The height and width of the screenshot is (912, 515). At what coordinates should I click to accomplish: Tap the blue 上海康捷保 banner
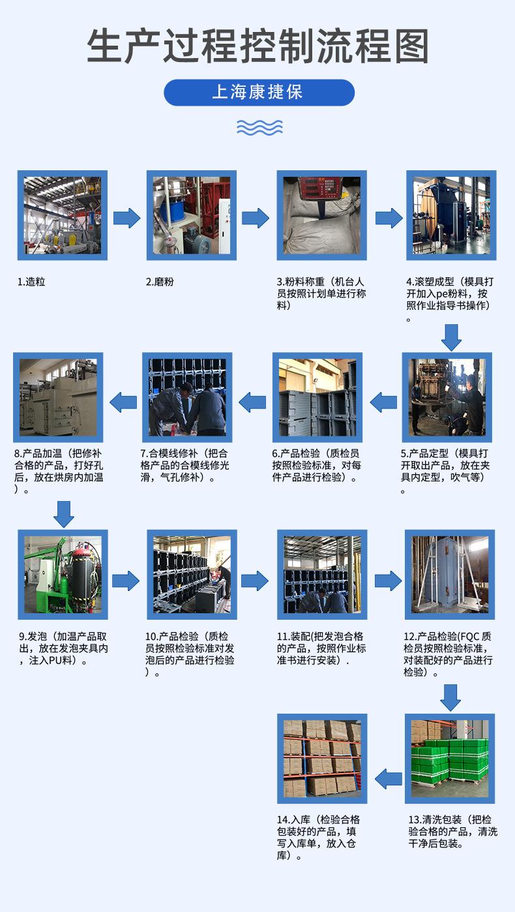[x=258, y=92]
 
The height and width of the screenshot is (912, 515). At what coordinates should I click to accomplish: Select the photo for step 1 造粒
[x=62, y=215]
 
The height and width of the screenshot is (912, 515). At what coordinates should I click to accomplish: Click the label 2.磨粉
[x=160, y=282]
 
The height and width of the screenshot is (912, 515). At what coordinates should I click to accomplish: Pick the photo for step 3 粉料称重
[x=321, y=215]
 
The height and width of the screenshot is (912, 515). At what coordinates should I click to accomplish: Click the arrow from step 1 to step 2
[x=126, y=218]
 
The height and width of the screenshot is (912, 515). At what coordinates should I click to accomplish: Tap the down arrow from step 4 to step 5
[x=450, y=337]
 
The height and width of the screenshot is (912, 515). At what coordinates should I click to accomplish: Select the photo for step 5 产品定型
[x=447, y=397]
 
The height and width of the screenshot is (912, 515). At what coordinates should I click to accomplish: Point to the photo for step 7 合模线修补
[x=187, y=397]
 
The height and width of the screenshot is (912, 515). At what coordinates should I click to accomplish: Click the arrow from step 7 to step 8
[x=123, y=403]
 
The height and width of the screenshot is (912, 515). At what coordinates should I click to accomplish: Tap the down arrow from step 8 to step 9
[x=64, y=513]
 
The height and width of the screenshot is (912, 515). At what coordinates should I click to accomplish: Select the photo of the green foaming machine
[x=63, y=574]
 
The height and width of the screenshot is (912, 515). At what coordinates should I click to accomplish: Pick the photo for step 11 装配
[x=322, y=574]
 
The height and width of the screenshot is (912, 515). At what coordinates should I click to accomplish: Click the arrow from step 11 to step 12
[x=387, y=580]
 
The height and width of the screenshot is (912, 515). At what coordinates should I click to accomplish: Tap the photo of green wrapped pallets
[x=449, y=758]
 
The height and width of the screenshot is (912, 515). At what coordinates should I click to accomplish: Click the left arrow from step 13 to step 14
[x=389, y=778]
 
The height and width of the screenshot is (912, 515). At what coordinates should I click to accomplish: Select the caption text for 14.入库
[x=319, y=837]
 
